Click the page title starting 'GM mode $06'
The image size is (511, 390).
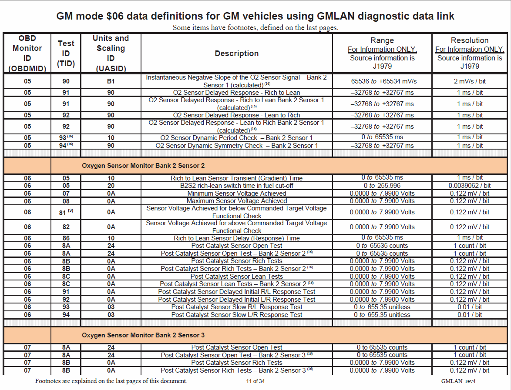[x=255, y=17]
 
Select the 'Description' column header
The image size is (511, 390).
[x=236, y=53]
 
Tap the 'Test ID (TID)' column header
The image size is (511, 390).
[x=66, y=53]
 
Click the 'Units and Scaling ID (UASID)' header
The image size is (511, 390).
[x=111, y=53]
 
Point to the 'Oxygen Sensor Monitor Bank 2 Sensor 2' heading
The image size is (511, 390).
[x=143, y=166]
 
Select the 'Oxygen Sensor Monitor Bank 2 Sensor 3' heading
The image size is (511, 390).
[x=143, y=335]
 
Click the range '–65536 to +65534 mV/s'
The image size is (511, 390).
[x=382, y=81]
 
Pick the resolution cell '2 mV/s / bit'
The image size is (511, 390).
[x=470, y=81]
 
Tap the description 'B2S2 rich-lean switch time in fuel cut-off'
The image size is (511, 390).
[x=237, y=186]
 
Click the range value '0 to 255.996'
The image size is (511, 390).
[x=382, y=186]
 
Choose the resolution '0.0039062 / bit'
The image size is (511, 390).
[x=470, y=186]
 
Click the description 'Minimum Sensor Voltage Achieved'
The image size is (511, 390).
[x=237, y=193]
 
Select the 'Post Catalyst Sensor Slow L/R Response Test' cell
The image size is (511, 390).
[x=237, y=315]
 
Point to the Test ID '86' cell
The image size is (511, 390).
[x=66, y=238]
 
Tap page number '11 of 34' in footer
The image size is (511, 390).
[x=255, y=381]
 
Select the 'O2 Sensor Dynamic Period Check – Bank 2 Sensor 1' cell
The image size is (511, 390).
[x=237, y=138]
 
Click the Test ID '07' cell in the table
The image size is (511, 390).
[x=66, y=193]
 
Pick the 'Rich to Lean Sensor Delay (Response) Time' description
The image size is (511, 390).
[x=237, y=238]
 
